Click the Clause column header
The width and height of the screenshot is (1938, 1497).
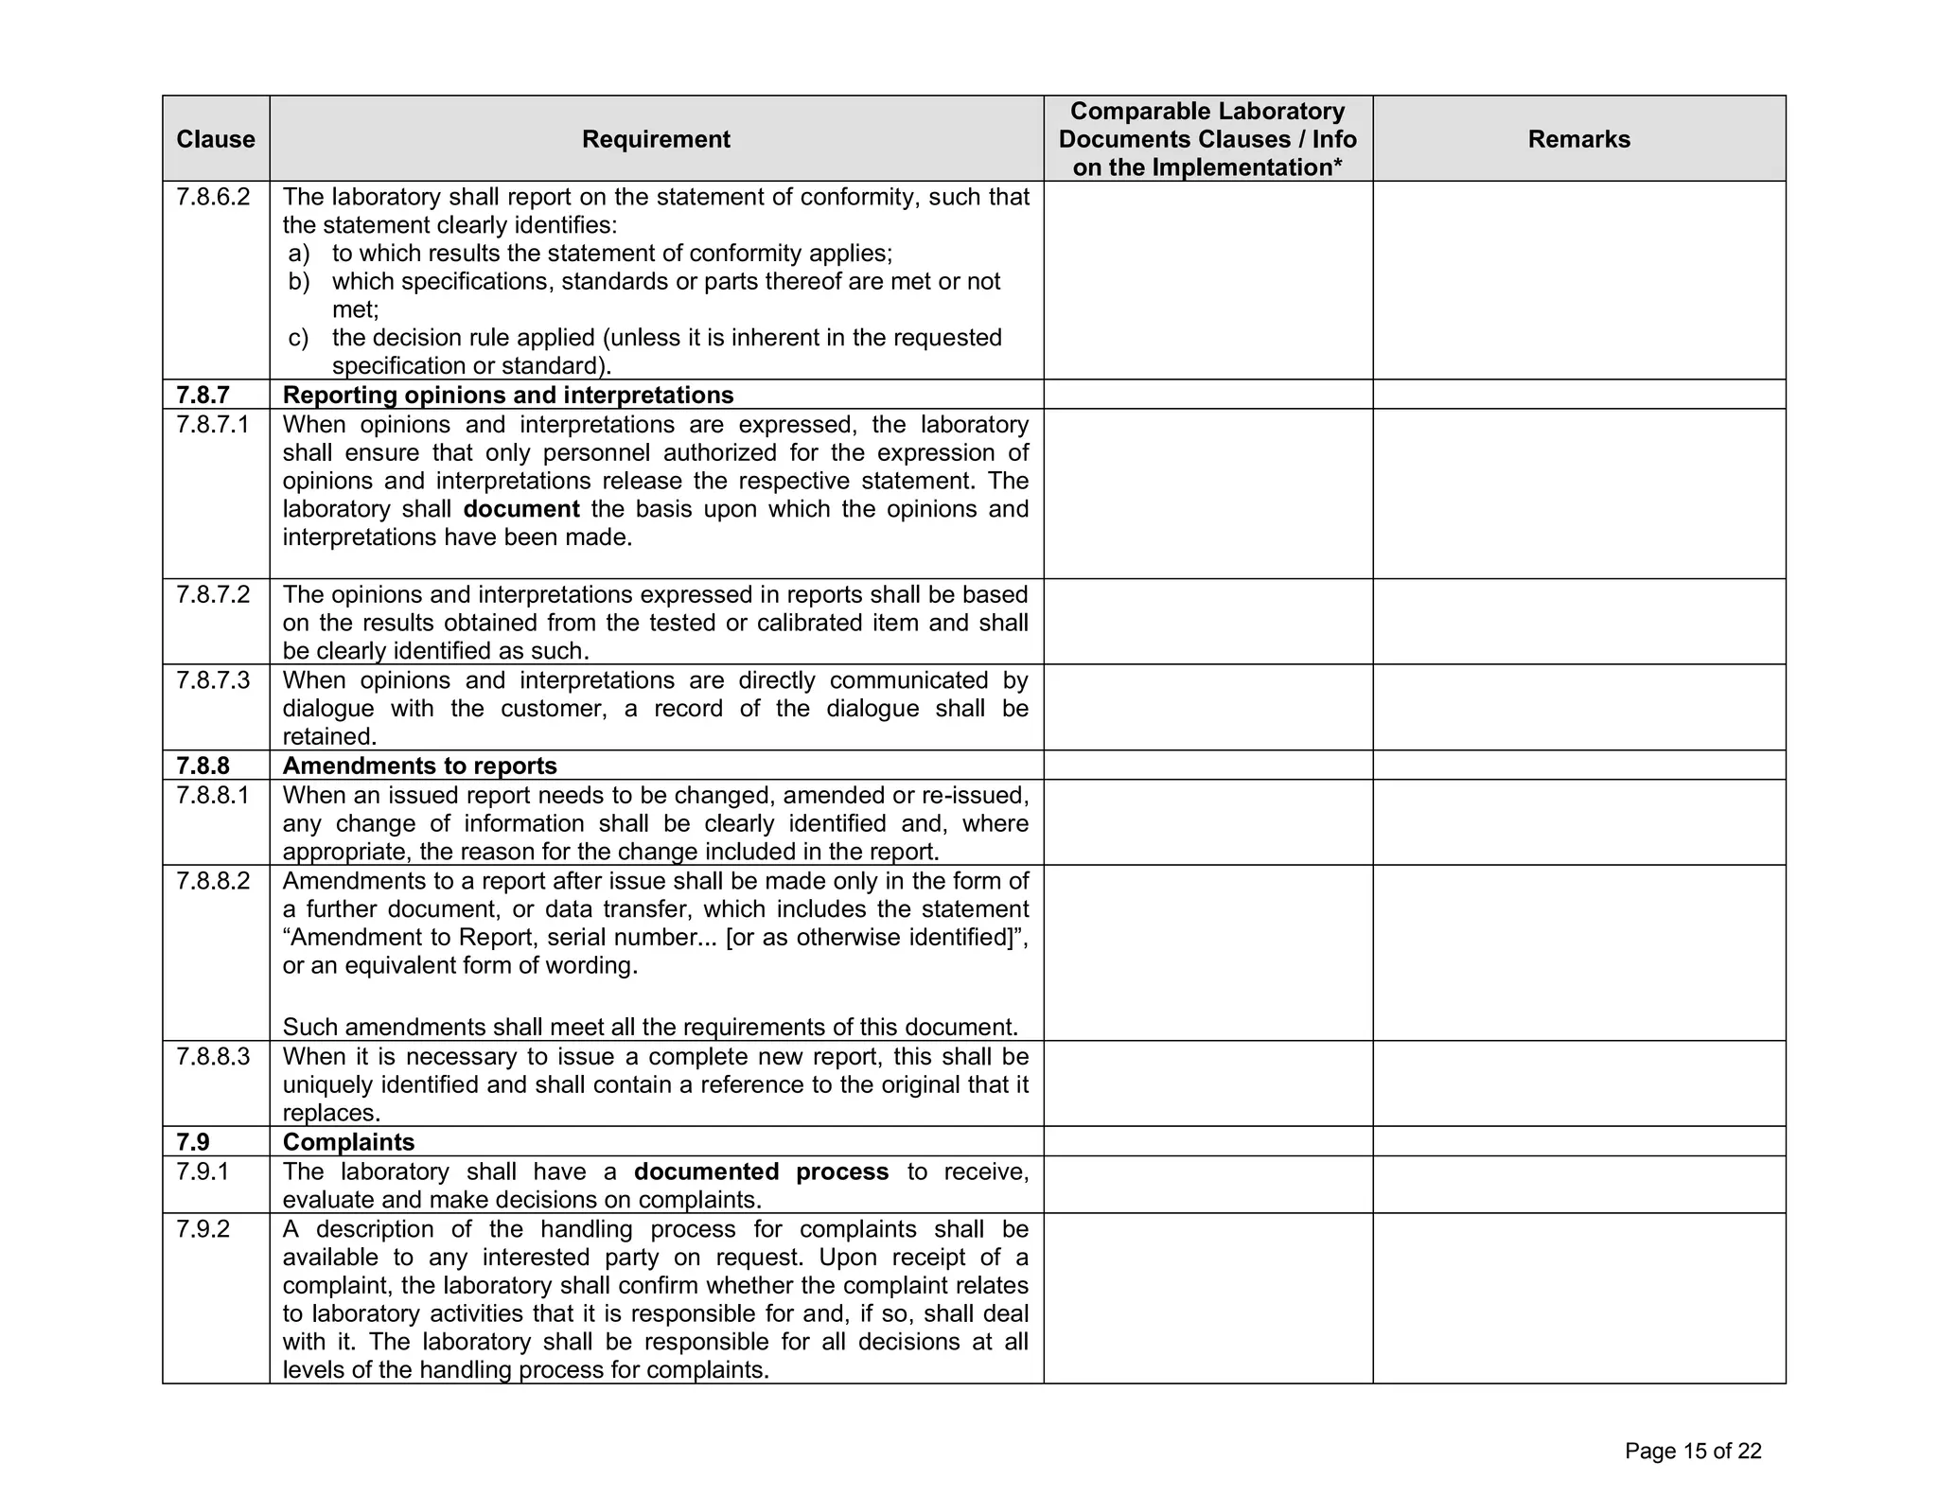[x=215, y=139]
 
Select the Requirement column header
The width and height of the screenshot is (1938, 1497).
[x=656, y=139]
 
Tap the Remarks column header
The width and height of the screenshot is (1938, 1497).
[x=1578, y=139]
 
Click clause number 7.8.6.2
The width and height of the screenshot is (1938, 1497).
[x=213, y=197]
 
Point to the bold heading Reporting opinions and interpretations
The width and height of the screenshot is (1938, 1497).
[x=508, y=395]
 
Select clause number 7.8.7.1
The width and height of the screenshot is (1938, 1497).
[x=213, y=424]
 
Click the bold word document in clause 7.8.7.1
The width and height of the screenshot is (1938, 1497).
[x=521, y=509]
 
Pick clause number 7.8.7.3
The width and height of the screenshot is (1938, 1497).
[x=213, y=679]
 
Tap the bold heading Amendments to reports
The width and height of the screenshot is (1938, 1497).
[x=419, y=766]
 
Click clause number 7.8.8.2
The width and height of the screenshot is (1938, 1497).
[x=213, y=880]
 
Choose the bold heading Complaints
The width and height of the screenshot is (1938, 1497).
[x=348, y=1141]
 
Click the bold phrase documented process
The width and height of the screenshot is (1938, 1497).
[x=761, y=1171]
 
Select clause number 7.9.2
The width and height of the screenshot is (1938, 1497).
[x=203, y=1228]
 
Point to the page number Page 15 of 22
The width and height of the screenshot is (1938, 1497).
[x=1692, y=1451]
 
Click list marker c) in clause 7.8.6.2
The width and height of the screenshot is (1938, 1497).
[x=298, y=338]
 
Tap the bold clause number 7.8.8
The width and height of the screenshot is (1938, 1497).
[x=203, y=766]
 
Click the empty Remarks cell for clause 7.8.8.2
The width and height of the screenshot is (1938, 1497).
[x=1578, y=952]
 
